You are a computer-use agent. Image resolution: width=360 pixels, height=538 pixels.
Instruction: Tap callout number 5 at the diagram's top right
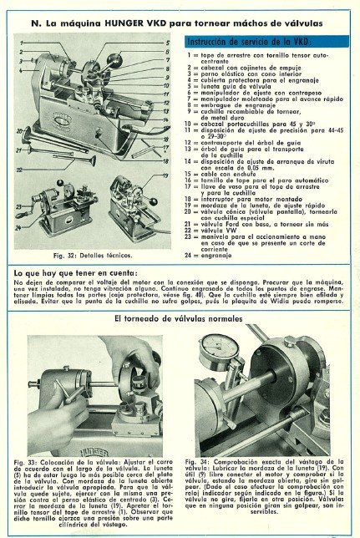click(167, 41)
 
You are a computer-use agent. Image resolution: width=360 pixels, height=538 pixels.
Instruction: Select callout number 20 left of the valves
click(19, 131)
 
